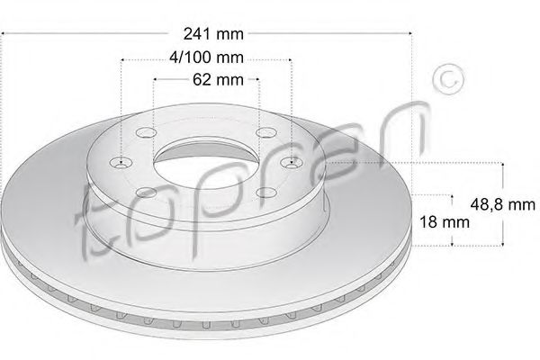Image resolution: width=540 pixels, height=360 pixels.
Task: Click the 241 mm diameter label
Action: click(213, 34)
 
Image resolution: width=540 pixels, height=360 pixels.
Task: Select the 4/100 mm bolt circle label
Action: click(206, 58)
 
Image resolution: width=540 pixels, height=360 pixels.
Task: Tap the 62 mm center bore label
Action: click(218, 79)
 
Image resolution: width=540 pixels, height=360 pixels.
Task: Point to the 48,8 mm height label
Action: click(503, 204)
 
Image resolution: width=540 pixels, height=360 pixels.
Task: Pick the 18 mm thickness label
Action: click(445, 222)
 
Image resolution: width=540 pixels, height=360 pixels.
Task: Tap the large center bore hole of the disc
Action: click(207, 163)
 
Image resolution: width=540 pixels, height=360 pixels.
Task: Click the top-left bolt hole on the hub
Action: click(146, 132)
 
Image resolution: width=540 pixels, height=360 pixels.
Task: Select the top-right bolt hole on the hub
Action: click(266, 132)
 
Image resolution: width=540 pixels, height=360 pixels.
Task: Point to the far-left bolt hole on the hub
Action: click(121, 163)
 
